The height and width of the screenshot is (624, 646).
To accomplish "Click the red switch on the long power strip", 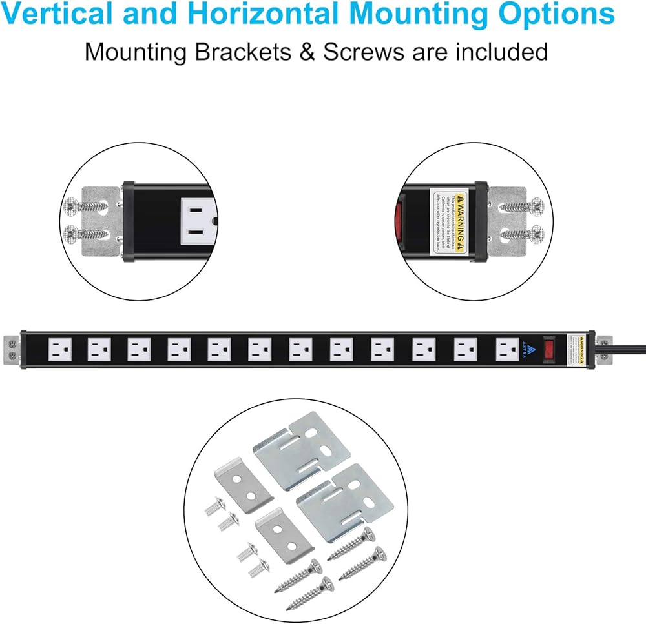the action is (x=548, y=349).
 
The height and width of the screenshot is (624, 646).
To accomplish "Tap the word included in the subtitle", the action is (x=497, y=52).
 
